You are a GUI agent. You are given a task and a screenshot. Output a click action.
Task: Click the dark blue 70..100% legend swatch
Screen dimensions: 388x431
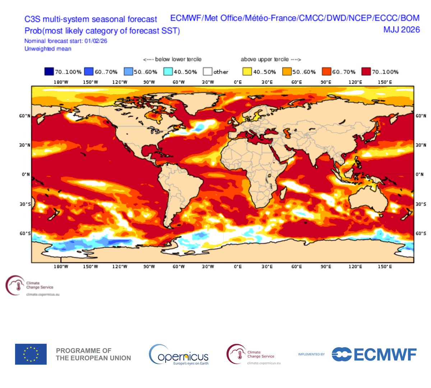tap(49, 71)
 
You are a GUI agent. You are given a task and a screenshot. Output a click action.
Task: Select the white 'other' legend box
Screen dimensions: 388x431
tap(208, 71)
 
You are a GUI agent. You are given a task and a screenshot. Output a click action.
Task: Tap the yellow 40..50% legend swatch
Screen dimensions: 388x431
tap(247, 71)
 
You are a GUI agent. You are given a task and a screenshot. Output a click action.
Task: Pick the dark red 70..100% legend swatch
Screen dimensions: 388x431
tap(366, 71)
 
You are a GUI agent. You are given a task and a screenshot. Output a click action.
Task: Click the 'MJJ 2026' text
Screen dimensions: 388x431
tap(401, 29)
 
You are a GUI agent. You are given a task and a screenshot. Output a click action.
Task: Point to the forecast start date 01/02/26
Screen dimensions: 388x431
tap(96, 41)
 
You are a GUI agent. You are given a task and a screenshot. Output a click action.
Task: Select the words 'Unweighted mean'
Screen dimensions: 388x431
tap(48, 49)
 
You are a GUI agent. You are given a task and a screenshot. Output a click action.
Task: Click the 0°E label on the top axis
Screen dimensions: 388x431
tap(238, 82)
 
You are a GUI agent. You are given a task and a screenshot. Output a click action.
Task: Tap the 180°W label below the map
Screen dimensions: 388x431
tap(61, 267)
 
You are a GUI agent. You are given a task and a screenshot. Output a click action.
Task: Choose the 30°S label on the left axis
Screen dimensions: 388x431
tap(25, 204)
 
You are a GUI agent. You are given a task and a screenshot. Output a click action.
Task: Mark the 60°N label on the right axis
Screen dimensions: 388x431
tap(421, 116)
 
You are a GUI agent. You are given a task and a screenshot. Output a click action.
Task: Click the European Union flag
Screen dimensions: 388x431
tap(31, 354)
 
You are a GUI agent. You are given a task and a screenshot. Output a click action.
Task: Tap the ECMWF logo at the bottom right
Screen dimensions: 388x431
tap(374, 354)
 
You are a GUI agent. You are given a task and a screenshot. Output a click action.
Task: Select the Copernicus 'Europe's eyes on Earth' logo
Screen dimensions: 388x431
tap(179, 354)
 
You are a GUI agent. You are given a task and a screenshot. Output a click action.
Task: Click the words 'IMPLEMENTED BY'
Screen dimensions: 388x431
tap(311, 355)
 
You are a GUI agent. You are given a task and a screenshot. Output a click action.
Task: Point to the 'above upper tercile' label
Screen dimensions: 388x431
tap(265, 59)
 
